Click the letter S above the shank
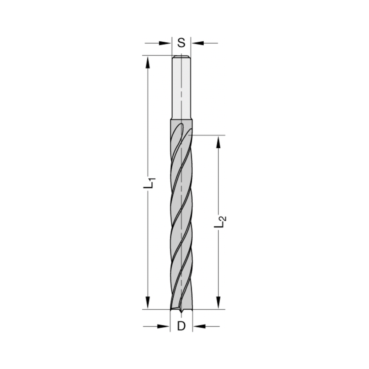click(181, 43)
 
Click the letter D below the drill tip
click(181, 326)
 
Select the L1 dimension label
click(149, 183)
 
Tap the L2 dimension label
click(220, 221)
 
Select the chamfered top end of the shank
click(181, 57)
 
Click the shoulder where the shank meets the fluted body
click(181, 119)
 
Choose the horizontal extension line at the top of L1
click(157, 56)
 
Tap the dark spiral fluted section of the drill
click(181, 221)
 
